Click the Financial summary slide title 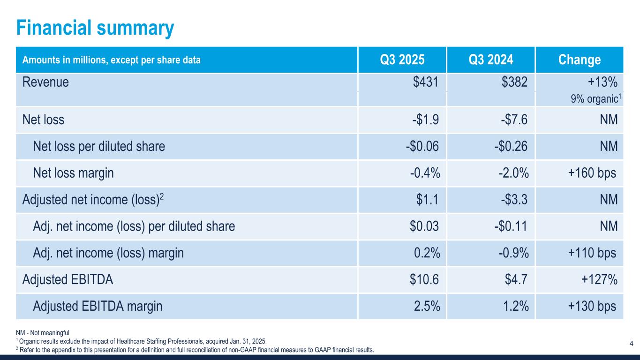click(x=95, y=28)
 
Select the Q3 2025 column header click(x=402, y=60)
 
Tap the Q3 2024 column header click(x=490, y=60)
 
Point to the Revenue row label click(x=45, y=82)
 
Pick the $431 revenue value click(x=426, y=82)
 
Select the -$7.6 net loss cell click(x=514, y=120)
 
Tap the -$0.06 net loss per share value click(x=422, y=147)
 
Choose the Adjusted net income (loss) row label click(x=93, y=200)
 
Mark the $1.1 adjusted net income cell click(x=428, y=200)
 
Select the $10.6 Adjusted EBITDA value click(x=424, y=280)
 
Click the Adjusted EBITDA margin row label click(x=98, y=307)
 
